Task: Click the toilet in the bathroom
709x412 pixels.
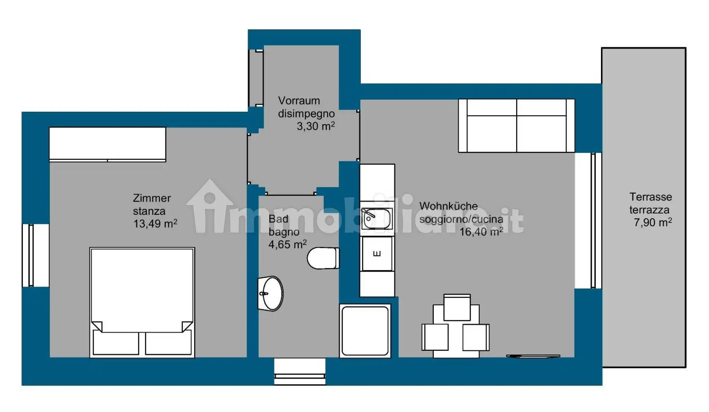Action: [323, 258]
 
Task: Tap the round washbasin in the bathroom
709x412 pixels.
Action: [271, 293]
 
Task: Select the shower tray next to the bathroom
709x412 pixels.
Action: [365, 331]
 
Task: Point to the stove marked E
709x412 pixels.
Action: [377, 254]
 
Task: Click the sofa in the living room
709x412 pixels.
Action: [516, 125]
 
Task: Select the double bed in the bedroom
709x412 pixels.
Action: [142, 302]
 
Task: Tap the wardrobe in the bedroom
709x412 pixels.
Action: [108, 144]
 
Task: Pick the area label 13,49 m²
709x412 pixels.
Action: [155, 224]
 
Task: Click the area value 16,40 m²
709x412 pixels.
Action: [481, 232]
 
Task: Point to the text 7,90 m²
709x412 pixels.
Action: [652, 222]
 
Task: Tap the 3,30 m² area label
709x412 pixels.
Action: [316, 126]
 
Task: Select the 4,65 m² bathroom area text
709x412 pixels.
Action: [287, 244]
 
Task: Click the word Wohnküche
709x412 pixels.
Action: [449, 206]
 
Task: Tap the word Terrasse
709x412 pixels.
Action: [650, 197]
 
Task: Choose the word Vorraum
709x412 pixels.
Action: [299, 100]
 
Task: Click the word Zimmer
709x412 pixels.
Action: [152, 198]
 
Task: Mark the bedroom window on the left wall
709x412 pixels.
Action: [31, 255]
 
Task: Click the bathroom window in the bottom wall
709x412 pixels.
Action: [300, 371]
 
